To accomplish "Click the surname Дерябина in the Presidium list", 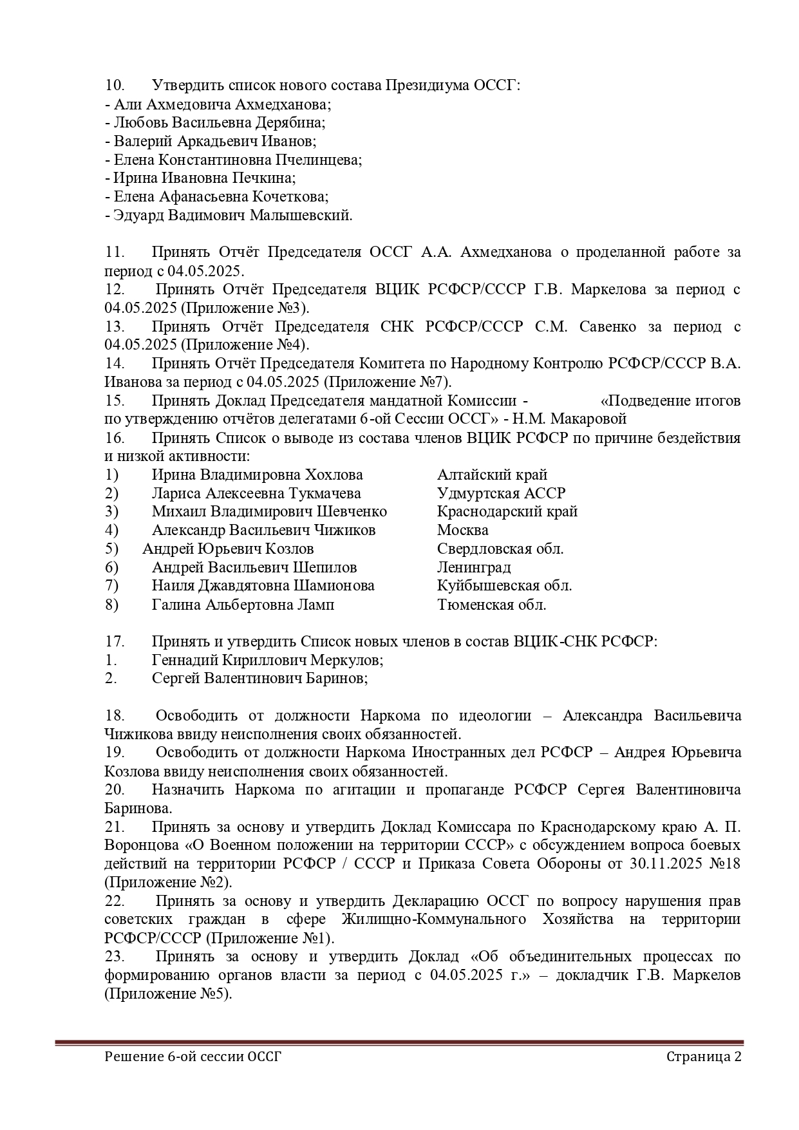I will point(288,122).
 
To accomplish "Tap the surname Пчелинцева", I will point(319,160).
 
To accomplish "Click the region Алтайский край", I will point(492,475).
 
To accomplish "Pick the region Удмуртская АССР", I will point(501,493).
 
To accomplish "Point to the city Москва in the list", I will point(462,530).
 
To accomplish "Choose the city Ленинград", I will point(474,567).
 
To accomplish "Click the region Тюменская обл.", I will point(491,605).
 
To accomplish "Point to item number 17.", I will point(114,641).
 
